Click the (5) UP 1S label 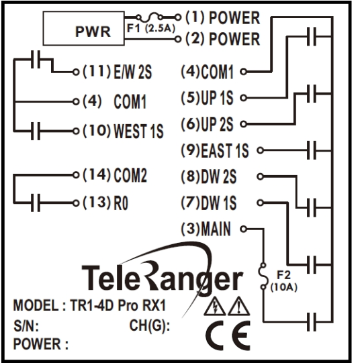pos(209,98)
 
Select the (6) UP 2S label pos(209,123)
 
